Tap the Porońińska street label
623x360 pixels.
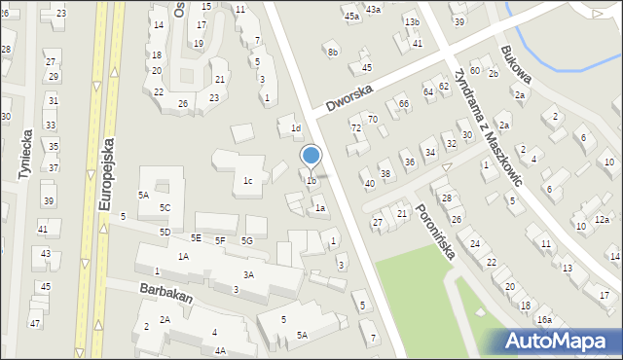click(x=434, y=231)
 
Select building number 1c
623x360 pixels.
click(x=248, y=180)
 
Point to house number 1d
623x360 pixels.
click(x=295, y=127)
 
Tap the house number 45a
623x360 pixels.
click(x=350, y=17)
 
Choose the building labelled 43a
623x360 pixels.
click(x=373, y=9)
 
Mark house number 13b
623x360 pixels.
click(x=412, y=21)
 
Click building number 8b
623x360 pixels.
click(x=333, y=52)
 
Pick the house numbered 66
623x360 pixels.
click(x=402, y=103)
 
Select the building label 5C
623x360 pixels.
click(x=165, y=208)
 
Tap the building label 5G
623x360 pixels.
click(x=247, y=240)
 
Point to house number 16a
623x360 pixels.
click(x=544, y=319)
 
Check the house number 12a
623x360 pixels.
click(x=602, y=219)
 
